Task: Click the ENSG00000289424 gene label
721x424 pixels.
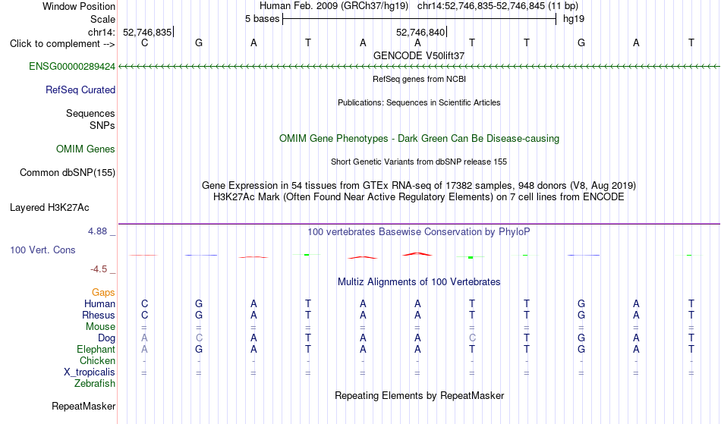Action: point(72,67)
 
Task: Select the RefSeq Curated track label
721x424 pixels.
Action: point(80,90)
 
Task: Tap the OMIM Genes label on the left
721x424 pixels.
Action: point(86,149)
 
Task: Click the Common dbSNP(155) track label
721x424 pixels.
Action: point(68,173)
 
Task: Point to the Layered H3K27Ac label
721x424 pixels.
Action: point(49,208)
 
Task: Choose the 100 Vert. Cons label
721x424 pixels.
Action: point(43,250)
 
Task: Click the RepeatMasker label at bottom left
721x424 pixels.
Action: point(83,406)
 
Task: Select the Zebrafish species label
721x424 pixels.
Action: point(95,384)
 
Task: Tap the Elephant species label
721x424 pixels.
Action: point(96,350)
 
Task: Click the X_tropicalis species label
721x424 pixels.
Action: point(90,372)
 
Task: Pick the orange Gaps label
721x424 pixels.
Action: point(103,293)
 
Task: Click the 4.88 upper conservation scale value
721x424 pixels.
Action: point(97,231)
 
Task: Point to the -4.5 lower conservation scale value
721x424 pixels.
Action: point(99,269)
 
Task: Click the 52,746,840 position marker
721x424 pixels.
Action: point(420,32)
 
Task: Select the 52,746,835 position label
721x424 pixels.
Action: point(147,32)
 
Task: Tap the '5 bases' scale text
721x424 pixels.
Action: point(262,19)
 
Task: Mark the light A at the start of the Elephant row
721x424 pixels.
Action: point(144,350)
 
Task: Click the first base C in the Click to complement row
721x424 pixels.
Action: point(145,42)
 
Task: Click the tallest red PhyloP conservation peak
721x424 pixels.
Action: point(417,253)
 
